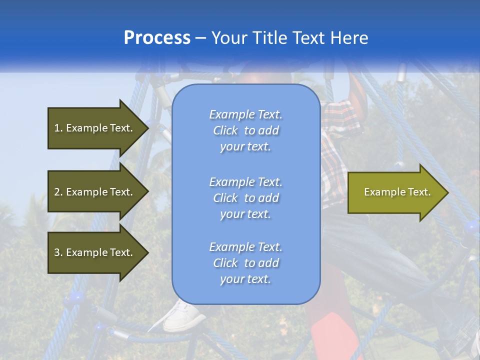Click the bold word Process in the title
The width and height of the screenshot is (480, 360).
click(x=157, y=38)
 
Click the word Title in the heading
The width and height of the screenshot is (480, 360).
click(x=269, y=38)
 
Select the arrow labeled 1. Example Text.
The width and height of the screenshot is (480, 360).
click(x=95, y=128)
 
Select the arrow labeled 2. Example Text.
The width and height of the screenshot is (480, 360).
click(x=95, y=192)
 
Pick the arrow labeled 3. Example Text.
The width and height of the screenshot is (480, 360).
click(x=95, y=252)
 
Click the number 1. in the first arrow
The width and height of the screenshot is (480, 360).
click(x=58, y=128)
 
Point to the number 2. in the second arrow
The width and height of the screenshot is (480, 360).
click(x=58, y=192)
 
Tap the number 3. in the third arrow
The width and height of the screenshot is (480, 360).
click(x=58, y=252)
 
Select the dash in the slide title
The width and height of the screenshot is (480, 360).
click(x=201, y=38)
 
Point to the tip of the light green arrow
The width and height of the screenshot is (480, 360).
click(x=447, y=192)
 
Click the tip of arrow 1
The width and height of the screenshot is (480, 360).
click(x=147, y=128)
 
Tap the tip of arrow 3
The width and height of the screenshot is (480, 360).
click(x=147, y=252)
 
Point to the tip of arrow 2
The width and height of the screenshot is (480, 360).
click(x=147, y=192)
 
